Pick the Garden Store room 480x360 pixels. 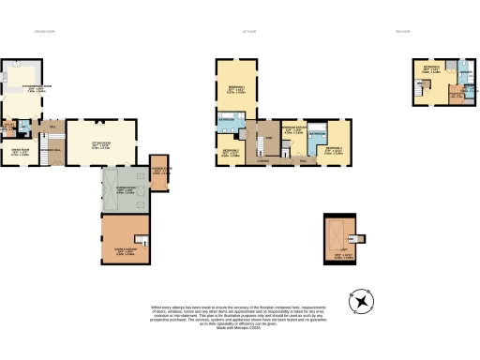click(159, 170)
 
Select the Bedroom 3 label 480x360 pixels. click(335, 149)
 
